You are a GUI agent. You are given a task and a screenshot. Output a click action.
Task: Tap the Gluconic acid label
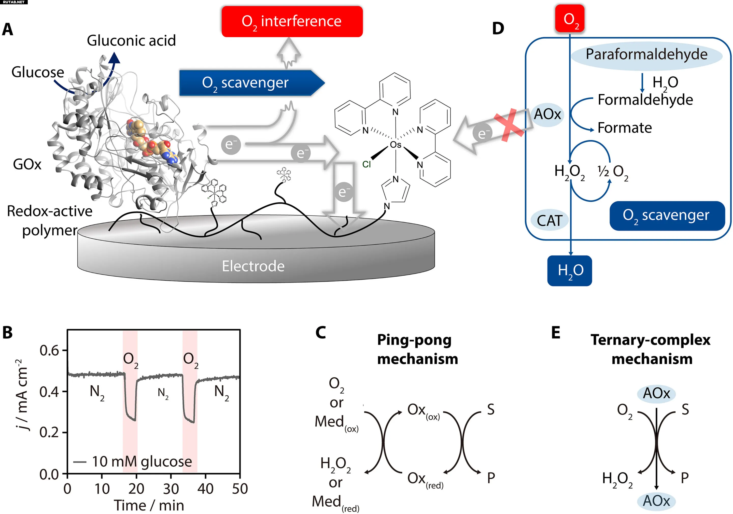pyautogui.click(x=131, y=40)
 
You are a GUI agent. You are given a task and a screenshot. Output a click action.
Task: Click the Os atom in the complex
pyautogui.click(x=396, y=145)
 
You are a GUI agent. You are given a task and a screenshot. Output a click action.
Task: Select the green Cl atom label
pyautogui.click(x=366, y=164)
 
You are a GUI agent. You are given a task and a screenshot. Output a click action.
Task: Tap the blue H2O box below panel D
pyautogui.click(x=570, y=270)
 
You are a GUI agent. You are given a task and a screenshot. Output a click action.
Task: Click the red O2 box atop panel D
pyautogui.click(x=570, y=19)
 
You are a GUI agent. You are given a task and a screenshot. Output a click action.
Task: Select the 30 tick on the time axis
pyautogui.click(x=171, y=489)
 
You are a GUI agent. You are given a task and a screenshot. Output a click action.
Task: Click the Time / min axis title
pyautogui.click(x=149, y=505)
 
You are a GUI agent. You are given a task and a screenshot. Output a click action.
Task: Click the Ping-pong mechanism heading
pyautogui.click(x=417, y=349)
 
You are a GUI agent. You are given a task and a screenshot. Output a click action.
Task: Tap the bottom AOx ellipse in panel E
pyautogui.click(x=656, y=501)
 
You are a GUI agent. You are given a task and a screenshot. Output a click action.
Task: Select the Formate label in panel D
pyautogui.click(x=625, y=128)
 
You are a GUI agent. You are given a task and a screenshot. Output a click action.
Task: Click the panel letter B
pyautogui.click(x=7, y=332)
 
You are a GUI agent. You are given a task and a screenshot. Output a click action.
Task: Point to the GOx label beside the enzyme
pyautogui.click(x=27, y=164)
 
